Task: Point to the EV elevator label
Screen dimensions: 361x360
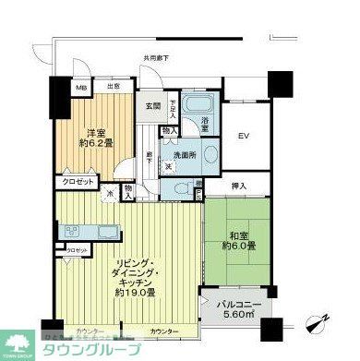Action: tap(245, 138)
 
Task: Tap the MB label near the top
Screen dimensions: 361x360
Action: tap(81, 88)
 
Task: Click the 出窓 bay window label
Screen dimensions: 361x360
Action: tap(114, 86)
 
